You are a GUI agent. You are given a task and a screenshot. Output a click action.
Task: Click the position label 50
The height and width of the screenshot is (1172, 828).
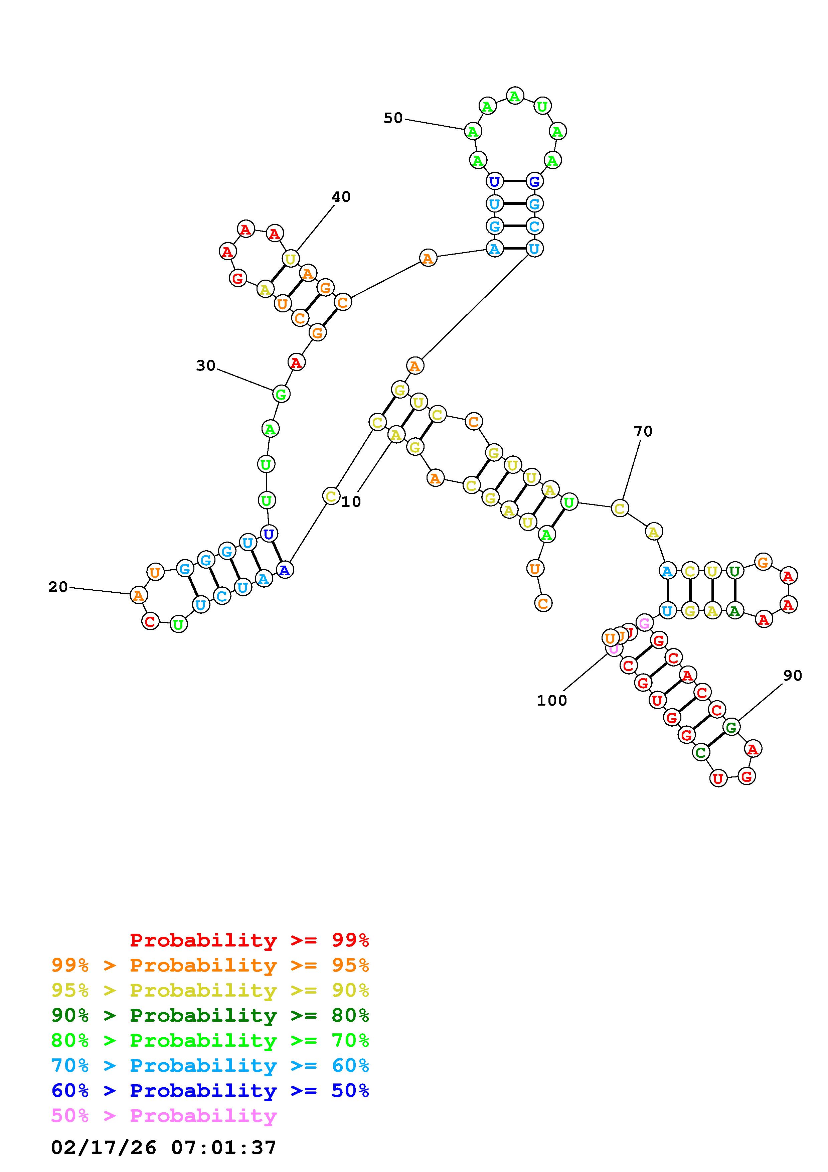pos(393,118)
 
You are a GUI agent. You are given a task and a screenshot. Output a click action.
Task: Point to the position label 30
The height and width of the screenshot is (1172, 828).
pos(206,365)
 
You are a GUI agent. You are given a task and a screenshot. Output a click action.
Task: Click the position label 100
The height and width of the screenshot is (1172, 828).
pos(551,700)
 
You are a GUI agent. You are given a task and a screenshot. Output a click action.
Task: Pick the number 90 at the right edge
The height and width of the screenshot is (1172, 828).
pos(792,675)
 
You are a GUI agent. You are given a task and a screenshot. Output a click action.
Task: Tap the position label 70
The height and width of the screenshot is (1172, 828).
pos(643,431)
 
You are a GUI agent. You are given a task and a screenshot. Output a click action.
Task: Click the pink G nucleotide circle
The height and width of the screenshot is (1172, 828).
pos(644,623)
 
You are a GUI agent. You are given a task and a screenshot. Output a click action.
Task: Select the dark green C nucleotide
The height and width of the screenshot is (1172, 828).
pos(701,752)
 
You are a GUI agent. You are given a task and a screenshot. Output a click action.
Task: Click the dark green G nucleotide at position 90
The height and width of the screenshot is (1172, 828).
pos(731,727)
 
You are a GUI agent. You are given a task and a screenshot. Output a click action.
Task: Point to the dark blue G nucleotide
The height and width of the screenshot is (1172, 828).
pos(534,181)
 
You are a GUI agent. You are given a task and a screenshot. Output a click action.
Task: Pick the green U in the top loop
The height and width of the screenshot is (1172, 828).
pos(542,107)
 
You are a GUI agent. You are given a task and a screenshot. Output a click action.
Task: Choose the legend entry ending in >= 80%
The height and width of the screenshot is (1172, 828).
pos(210,1016)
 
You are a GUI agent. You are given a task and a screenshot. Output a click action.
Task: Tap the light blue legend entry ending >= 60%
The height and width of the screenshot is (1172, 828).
pos(210,1066)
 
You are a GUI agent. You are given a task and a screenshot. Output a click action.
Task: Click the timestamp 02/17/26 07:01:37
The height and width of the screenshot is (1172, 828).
pos(164,1148)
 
